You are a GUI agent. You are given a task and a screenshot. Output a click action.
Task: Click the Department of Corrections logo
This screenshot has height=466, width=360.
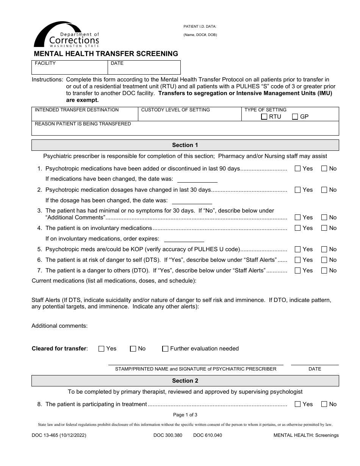coord(66,35)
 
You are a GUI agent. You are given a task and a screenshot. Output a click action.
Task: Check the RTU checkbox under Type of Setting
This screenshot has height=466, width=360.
coord(264,117)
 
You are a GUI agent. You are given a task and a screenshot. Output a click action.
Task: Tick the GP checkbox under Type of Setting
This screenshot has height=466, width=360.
coord(295,117)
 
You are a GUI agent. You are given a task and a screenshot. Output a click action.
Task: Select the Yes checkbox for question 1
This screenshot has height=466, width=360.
coord(297,169)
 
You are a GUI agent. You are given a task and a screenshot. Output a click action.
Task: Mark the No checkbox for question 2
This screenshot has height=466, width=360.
coord(324,190)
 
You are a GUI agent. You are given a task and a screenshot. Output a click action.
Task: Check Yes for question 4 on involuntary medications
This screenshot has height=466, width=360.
coord(297,228)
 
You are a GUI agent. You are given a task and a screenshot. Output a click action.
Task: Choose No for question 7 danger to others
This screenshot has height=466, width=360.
coord(324,271)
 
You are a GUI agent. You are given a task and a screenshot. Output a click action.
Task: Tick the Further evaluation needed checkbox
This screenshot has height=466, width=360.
coord(165,349)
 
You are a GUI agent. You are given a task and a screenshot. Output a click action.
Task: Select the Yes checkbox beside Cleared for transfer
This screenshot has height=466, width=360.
coord(101,349)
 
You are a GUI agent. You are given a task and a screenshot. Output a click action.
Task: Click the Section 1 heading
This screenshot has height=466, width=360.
coord(185,145)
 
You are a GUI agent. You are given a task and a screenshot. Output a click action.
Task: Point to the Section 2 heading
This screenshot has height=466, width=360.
coord(185,381)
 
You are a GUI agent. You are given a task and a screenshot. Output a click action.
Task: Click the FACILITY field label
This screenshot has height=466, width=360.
coord(45,63)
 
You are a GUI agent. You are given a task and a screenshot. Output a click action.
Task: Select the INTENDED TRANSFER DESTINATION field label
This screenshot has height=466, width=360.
coord(77,110)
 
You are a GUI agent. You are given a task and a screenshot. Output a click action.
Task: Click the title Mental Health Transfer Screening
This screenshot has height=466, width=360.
coord(106,54)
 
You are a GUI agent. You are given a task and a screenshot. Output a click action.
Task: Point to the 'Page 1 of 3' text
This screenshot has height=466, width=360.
coord(185,415)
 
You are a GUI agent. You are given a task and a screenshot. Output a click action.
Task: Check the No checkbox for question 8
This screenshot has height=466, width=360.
coord(324,404)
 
